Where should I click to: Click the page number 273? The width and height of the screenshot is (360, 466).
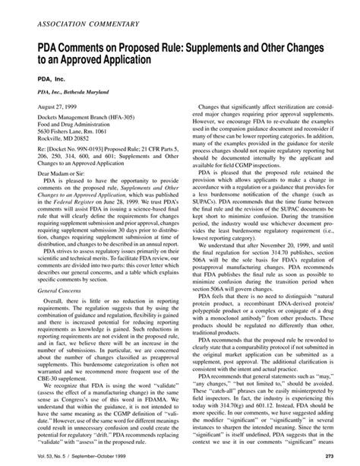(x=338, y=456)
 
